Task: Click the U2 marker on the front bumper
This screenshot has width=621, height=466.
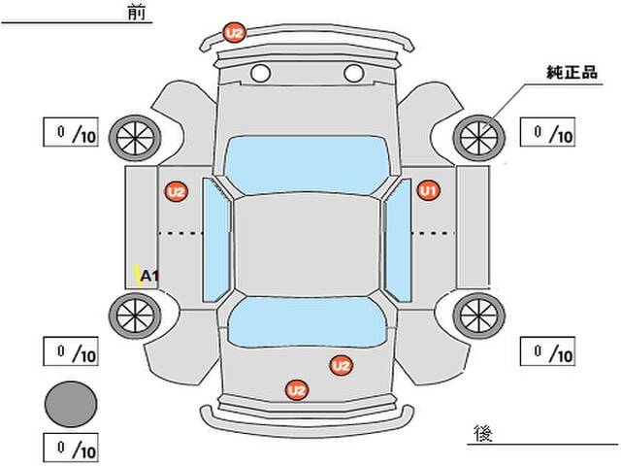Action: pos(234,33)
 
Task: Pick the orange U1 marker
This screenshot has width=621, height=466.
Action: pos(429,191)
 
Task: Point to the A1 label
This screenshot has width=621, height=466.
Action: pos(150,277)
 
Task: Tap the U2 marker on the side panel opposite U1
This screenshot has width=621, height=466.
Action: pos(176,192)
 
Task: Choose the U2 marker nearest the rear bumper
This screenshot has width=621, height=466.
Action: pos(296,389)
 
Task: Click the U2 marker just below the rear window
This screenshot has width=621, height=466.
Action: pos(340,366)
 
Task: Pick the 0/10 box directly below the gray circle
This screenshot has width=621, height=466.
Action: pos(71,449)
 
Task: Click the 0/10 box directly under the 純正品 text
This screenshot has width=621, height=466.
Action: pos(548,132)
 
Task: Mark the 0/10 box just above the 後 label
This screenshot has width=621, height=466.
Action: pos(548,350)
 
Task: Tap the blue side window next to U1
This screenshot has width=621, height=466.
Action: pos(397,237)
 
